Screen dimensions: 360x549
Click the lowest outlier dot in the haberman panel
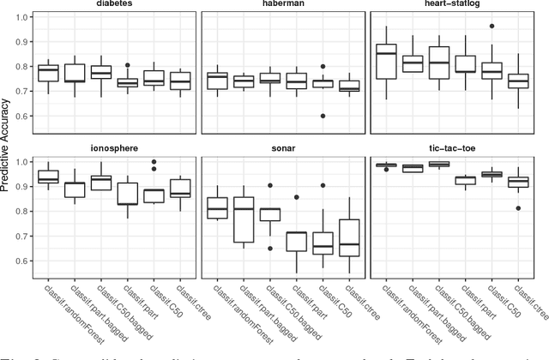323,116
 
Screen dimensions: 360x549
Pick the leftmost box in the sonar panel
217,208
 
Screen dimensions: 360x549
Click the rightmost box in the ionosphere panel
181,187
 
